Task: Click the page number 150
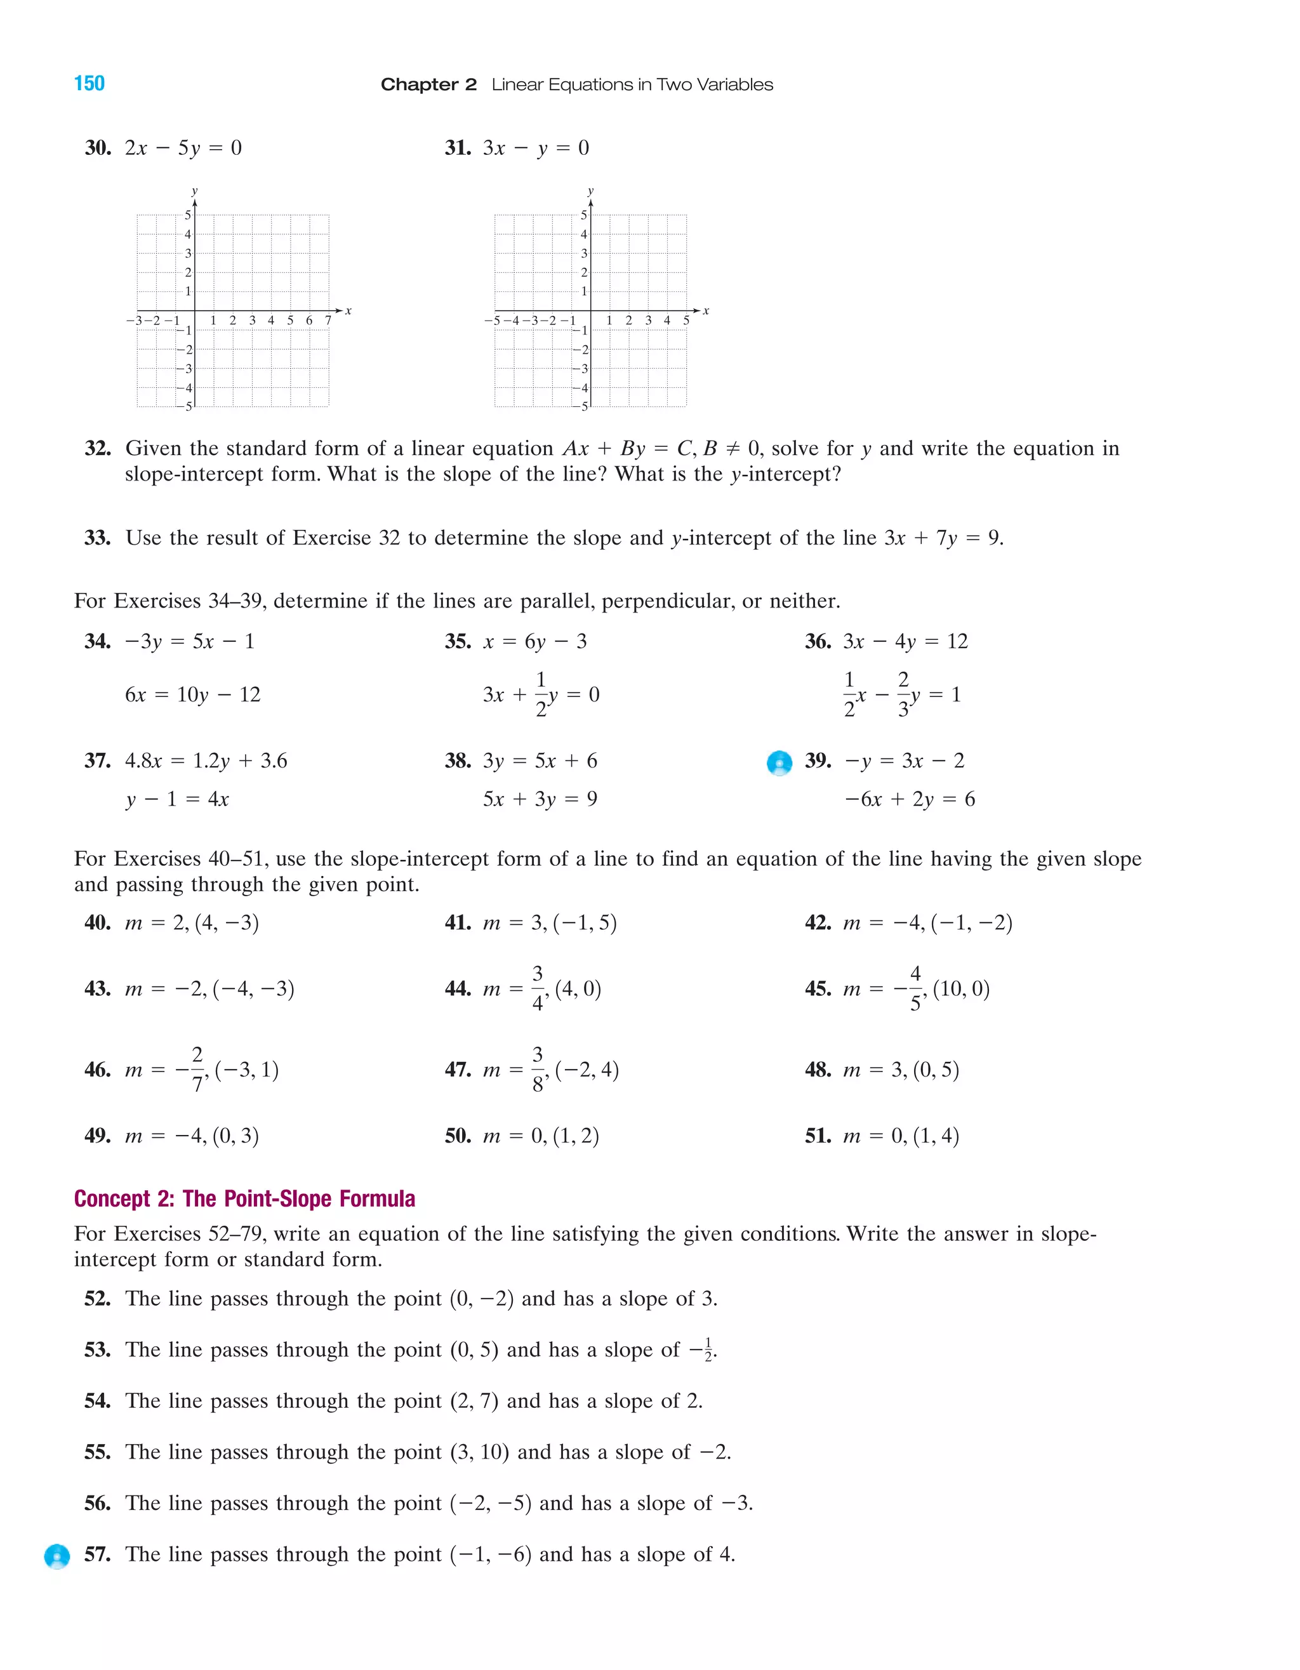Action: [x=89, y=84]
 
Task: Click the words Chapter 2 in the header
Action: [x=428, y=85]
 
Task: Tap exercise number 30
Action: [x=97, y=148]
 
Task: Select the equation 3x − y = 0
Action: [x=535, y=148]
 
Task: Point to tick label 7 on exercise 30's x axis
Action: [x=328, y=321]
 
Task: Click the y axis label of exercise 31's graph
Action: [x=590, y=191]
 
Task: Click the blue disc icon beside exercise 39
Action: [x=779, y=762]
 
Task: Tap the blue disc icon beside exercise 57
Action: [x=57, y=1556]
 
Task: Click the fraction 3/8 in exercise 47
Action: [x=538, y=1069]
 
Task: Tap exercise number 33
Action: [x=97, y=538]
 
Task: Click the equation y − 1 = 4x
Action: [x=176, y=799]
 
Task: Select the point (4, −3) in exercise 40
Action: [x=227, y=923]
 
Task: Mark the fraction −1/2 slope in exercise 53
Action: [x=701, y=1350]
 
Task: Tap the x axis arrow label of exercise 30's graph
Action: [x=348, y=310]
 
